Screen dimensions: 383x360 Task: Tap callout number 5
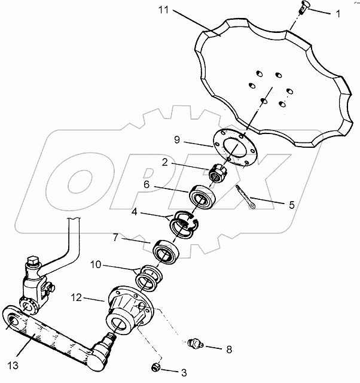tap(291, 205)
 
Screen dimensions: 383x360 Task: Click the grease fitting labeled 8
tap(196, 345)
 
